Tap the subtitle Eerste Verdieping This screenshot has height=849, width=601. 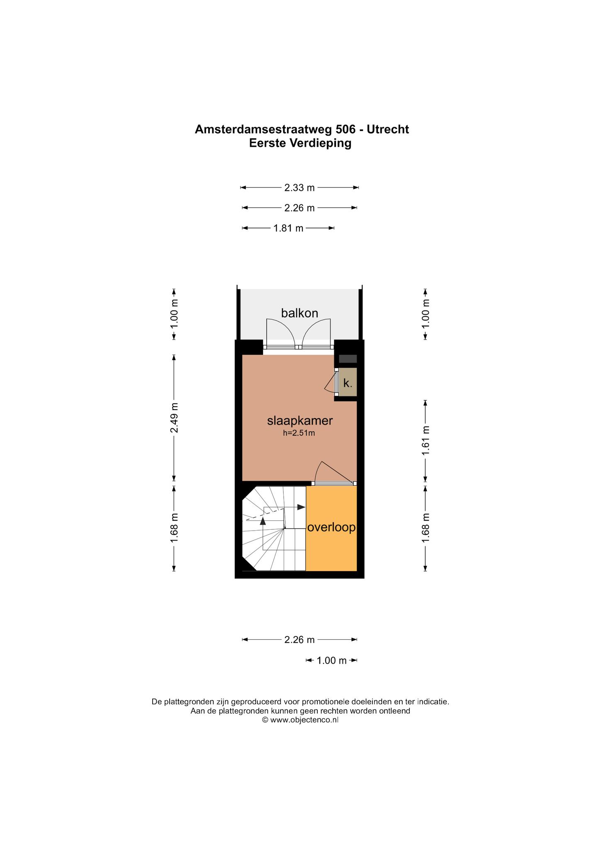pyautogui.click(x=300, y=143)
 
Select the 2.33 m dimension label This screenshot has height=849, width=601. pyautogui.click(x=299, y=188)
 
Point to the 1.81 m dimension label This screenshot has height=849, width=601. pyautogui.click(x=288, y=228)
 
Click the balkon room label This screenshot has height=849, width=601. pyautogui.click(x=299, y=313)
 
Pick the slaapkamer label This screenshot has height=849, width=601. pyautogui.click(x=300, y=421)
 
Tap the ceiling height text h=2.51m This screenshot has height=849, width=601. pyautogui.click(x=299, y=434)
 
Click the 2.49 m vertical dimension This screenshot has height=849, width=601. pyautogui.click(x=174, y=417)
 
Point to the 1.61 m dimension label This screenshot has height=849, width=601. pyautogui.click(x=426, y=441)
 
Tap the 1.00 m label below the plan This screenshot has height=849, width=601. pyautogui.click(x=331, y=660)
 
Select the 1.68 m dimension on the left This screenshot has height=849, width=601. pyautogui.click(x=174, y=527)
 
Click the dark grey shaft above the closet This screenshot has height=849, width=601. pyautogui.click(x=348, y=359)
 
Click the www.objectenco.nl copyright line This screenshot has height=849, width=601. pyautogui.click(x=300, y=720)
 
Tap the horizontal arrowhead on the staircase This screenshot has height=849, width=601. pyautogui.click(x=302, y=507)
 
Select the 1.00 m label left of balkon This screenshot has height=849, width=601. pyautogui.click(x=174, y=314)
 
